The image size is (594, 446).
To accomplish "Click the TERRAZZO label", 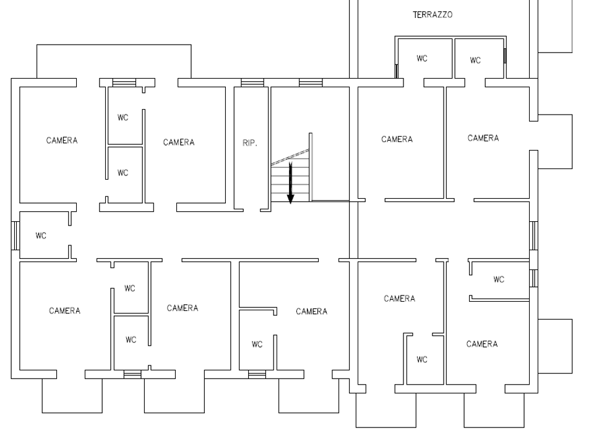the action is coord(433,15).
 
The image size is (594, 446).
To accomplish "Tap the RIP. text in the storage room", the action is coord(249,143).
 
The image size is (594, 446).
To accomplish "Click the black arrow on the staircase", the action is coord(291,183).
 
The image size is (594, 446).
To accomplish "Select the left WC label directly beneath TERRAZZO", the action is coord(421,58).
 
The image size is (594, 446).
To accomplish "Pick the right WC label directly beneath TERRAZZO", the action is coord(475,60).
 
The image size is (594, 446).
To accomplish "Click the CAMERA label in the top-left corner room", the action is coord(62,141).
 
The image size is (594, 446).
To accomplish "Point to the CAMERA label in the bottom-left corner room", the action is coord(64,311).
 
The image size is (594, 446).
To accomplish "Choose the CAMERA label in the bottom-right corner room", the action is coord(482,344).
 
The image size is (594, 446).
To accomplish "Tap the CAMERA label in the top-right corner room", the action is coord(483,138).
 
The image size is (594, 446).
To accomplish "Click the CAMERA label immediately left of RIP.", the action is coord(179,142).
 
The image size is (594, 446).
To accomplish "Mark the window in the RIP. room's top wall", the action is coord(252,82).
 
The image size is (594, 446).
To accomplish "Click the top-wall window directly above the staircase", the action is coord(311,82).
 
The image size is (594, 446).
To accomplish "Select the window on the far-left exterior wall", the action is coord(15,235).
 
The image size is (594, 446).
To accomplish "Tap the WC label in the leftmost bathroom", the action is coord(41,236).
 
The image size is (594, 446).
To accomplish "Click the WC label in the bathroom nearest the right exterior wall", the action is coord(499,279).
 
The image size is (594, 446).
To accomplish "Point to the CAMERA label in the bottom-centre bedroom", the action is coord(311,312).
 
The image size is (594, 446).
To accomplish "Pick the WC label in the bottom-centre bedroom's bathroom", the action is coord(257,344).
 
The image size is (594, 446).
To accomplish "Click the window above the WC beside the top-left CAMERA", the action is coord(124,82).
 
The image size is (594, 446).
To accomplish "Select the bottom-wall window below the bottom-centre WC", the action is coord(257,375).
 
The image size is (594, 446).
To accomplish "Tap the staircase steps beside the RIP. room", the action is coord(290,175).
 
